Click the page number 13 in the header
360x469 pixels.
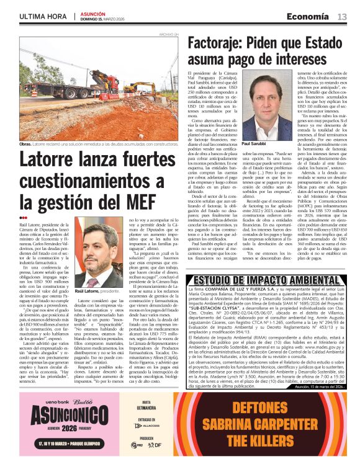coord(341,16)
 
